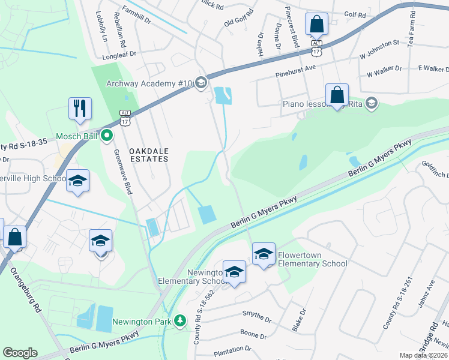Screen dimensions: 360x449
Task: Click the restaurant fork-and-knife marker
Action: point(80,109)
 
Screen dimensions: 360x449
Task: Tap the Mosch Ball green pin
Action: point(107,136)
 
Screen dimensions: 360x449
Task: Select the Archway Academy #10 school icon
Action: point(201,83)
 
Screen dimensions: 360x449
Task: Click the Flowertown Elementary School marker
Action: point(264,254)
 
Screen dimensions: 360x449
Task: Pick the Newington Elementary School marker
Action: point(234,272)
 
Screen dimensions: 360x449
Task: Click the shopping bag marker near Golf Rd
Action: point(316,25)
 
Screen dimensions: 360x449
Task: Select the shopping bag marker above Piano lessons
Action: point(337,95)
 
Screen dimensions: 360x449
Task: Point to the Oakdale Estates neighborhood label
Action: point(141,155)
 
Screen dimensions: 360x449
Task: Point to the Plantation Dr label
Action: point(231,349)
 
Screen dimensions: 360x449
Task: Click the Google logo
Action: point(20,353)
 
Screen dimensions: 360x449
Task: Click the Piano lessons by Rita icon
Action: point(372,103)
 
